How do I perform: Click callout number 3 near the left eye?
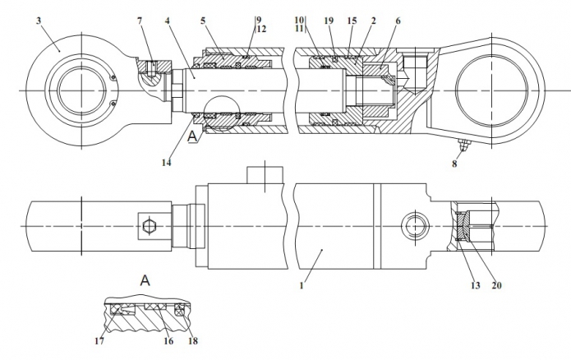click(39, 21)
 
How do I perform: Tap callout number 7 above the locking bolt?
click(140, 21)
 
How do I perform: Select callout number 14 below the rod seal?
click(167, 163)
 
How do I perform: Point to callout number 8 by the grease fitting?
click(454, 164)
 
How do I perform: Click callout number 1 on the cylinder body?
click(302, 285)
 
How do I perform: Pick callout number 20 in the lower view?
click(497, 285)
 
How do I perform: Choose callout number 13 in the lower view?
click(476, 285)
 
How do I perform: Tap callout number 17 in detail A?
click(99, 341)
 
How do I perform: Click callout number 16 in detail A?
click(168, 341)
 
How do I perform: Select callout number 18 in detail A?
click(193, 341)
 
